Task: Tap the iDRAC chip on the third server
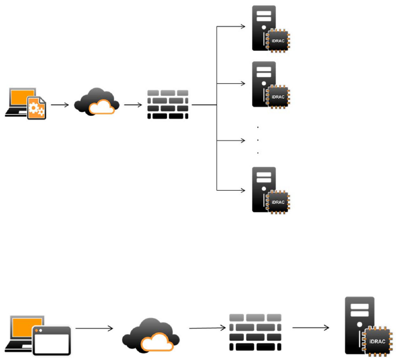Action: tap(278, 201)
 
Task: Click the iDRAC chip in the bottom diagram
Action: tap(377, 341)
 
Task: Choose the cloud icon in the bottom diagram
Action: tap(150, 335)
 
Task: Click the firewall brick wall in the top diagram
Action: tap(168, 104)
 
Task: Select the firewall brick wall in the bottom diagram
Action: tap(254, 332)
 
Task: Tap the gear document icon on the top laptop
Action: tap(37, 108)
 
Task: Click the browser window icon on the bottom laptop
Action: tap(52, 340)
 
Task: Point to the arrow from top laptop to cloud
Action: tap(59, 104)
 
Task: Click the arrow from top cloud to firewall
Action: tap(133, 104)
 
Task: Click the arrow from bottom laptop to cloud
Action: tap(94, 329)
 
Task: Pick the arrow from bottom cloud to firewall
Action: tap(207, 329)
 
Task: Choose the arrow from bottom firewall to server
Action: tap(311, 328)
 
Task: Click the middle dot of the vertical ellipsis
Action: tap(258, 140)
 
